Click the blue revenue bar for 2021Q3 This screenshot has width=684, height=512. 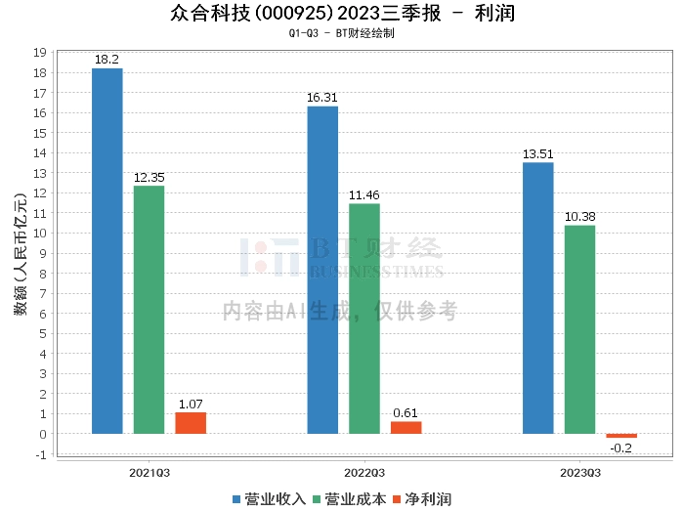107,251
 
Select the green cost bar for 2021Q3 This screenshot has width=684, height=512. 149,310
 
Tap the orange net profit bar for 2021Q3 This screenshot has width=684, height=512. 191,423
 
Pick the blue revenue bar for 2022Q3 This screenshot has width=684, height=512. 322,270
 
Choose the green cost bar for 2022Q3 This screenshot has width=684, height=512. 364,319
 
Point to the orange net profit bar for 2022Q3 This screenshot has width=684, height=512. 406,428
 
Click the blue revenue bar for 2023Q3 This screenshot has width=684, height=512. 538,298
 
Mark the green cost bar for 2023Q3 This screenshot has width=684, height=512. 579,329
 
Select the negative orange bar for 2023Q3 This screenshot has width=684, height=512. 621,436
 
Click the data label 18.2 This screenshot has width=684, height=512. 107,60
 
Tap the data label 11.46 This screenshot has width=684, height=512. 364,195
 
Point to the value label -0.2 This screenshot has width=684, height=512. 621,448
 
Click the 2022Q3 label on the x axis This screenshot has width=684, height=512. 364,472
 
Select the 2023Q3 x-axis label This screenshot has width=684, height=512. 580,472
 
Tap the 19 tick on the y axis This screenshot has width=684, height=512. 41,53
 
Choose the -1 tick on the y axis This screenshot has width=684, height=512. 41,454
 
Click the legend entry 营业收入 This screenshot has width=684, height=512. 268,499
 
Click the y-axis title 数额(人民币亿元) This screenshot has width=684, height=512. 19,253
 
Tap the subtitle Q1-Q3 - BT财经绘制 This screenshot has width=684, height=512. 341,33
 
